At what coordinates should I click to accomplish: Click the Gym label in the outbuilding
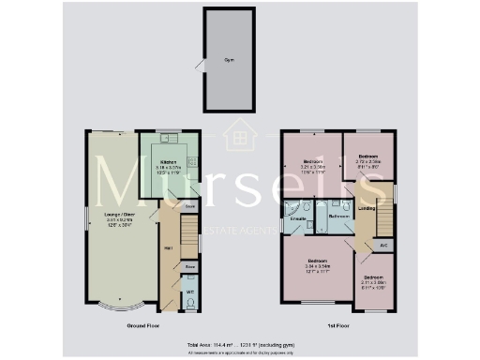pos(228,58)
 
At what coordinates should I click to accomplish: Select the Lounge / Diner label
pos(109,215)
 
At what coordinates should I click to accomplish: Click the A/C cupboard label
pos(383,246)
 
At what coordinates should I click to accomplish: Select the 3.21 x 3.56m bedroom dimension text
pos(311,170)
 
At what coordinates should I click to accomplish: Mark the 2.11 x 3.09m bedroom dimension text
pos(373,281)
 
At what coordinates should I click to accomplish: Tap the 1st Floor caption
pos(338,325)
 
